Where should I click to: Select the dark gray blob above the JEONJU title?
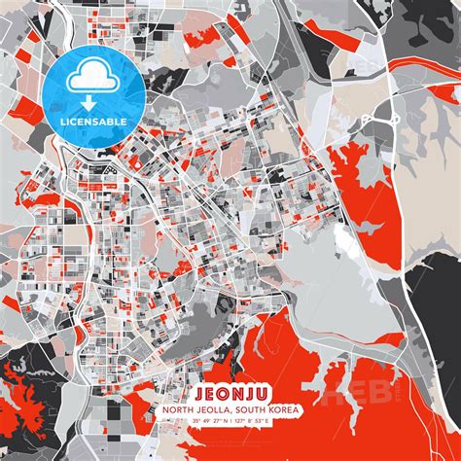(199, 320)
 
